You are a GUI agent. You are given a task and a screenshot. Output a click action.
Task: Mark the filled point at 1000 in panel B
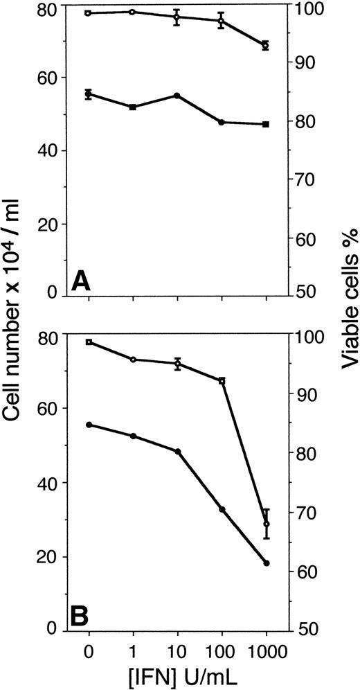(266, 563)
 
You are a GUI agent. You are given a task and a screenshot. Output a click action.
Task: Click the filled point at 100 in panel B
(222, 509)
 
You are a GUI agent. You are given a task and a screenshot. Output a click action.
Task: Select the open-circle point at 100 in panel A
(222, 21)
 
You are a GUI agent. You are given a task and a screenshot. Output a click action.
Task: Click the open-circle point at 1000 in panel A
(266, 45)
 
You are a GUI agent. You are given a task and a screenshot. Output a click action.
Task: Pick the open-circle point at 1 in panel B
(133, 359)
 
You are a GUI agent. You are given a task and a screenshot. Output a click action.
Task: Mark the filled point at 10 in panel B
(177, 452)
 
